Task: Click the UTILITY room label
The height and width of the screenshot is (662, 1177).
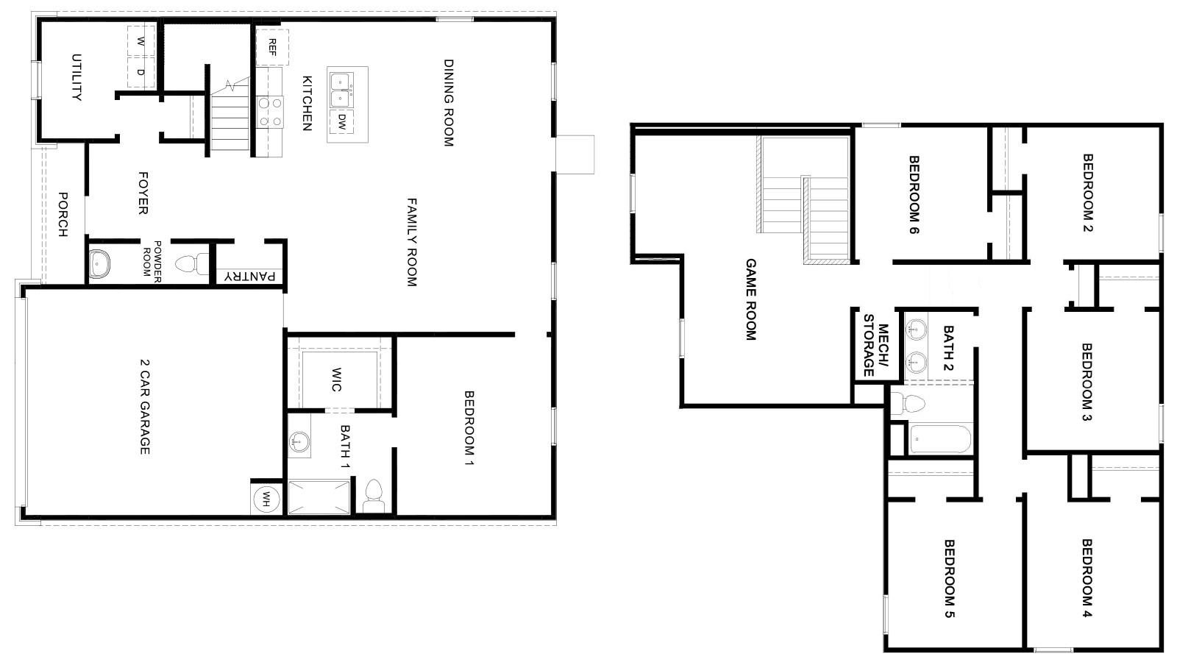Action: click(76, 76)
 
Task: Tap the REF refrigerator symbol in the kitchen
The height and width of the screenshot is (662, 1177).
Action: click(272, 47)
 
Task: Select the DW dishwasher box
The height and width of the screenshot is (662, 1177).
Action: click(342, 121)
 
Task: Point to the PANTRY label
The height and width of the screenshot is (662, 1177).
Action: click(250, 277)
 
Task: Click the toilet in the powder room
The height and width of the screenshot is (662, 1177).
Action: click(191, 263)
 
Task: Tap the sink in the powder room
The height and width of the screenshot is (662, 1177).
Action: click(99, 263)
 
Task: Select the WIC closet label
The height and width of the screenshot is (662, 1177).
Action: click(336, 380)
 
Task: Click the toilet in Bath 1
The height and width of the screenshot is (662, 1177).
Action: click(374, 495)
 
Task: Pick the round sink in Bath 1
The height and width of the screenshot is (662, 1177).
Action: click(299, 442)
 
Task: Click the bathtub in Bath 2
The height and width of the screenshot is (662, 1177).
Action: click(940, 439)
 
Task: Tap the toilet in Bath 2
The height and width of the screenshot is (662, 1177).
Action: click(909, 403)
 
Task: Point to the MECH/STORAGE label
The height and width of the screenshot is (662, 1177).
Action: click(875, 344)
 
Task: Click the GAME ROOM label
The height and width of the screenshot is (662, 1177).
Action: click(750, 299)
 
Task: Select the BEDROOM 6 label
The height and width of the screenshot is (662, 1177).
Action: click(914, 194)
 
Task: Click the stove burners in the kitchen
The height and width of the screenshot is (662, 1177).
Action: click(270, 112)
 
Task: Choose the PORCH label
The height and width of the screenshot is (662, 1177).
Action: click(63, 214)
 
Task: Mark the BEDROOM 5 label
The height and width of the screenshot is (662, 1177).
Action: click(949, 578)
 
